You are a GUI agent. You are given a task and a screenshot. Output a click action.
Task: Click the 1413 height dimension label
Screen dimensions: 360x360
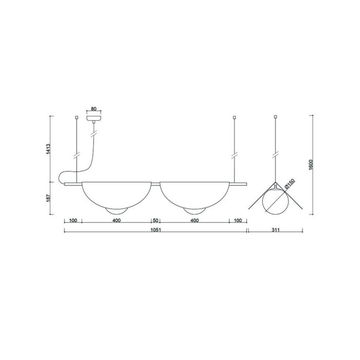pos(48,149)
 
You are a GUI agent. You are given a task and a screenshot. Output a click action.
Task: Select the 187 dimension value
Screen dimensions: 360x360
pos(48,198)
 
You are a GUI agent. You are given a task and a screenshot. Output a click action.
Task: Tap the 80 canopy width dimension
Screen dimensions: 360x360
pos(94,109)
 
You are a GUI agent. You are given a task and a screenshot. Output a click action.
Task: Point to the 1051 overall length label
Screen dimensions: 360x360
pos(156,230)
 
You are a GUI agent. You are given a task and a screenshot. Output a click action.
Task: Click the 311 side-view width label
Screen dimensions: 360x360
pos(276,230)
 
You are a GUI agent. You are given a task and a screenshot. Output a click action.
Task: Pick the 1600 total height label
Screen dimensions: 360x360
pos(311,165)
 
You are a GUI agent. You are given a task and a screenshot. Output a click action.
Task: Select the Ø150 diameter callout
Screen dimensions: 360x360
pos(289,184)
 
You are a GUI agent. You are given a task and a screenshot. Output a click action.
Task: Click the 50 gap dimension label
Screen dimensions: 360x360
pos(155,221)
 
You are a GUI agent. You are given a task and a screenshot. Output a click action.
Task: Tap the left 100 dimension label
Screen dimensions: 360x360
pos(73,221)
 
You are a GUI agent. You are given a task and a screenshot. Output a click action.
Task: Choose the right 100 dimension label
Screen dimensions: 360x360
pos(238,221)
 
